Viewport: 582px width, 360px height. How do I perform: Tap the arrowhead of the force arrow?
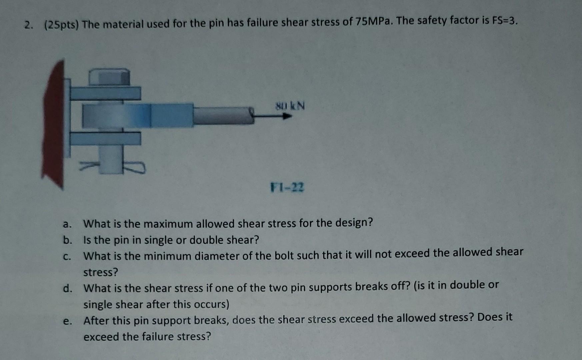point(287,116)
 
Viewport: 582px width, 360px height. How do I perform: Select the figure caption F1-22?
point(287,188)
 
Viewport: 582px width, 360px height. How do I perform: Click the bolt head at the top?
point(109,77)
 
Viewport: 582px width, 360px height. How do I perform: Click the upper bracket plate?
point(105,93)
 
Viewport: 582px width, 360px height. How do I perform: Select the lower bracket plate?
point(105,138)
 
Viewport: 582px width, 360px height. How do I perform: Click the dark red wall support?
point(53,123)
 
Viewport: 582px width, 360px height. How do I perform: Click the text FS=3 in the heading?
point(504,21)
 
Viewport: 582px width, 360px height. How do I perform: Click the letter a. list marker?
point(67,224)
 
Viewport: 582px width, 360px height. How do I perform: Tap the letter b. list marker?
point(67,240)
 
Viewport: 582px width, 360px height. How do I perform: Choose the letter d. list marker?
point(67,288)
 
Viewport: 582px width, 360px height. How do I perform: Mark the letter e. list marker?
point(67,321)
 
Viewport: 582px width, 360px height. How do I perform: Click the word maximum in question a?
point(168,224)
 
